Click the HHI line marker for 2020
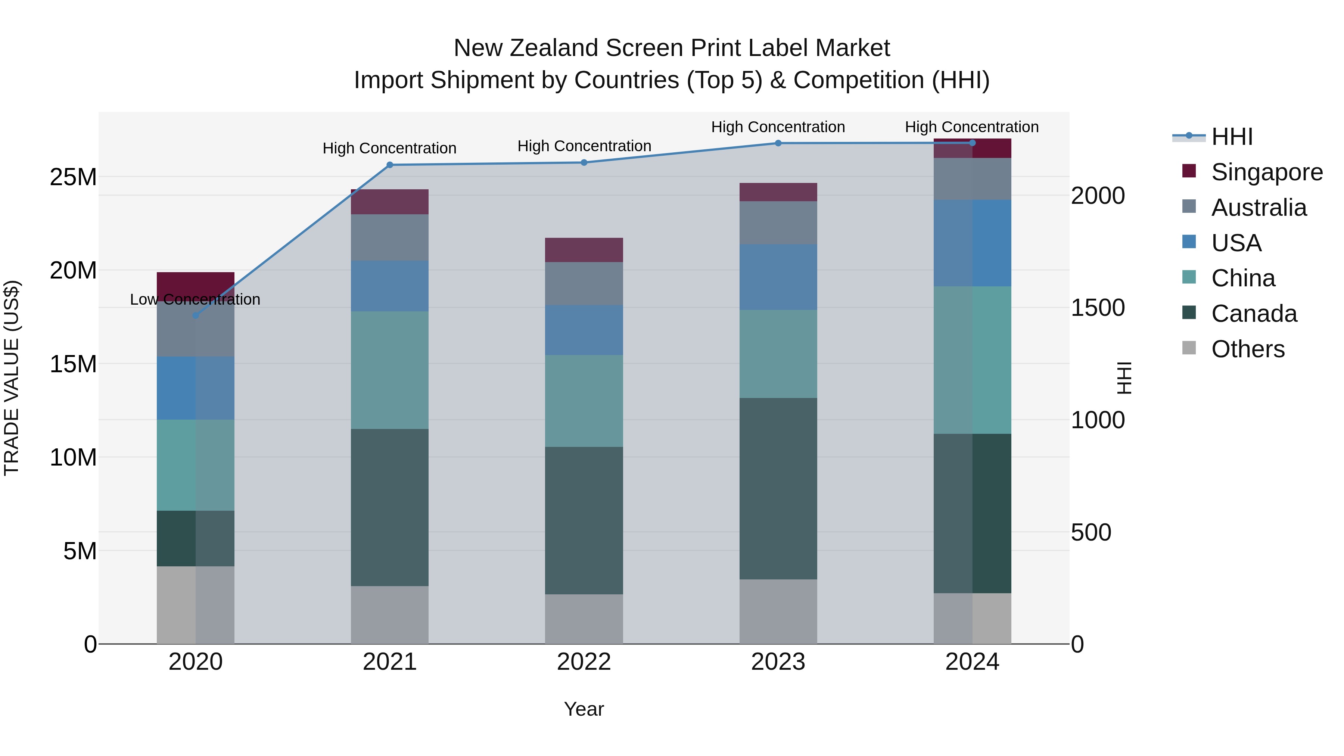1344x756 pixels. point(196,315)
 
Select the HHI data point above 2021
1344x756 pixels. point(390,165)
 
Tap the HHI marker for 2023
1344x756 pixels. point(778,143)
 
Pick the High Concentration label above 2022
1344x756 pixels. point(584,146)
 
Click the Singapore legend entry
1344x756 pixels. point(1266,172)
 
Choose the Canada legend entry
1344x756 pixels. point(1254,314)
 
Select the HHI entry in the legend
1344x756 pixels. point(1231,137)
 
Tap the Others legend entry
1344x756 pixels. point(1247,349)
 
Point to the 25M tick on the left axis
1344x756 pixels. point(73,177)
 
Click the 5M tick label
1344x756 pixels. point(80,551)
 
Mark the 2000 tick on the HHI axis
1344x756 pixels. point(1098,196)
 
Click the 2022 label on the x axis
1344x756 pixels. point(584,662)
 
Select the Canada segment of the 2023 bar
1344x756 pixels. point(778,488)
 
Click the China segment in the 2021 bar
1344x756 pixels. point(390,370)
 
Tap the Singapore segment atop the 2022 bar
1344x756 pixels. point(584,250)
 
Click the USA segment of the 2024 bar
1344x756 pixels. point(972,243)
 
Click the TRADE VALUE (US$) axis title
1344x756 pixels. point(12,378)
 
